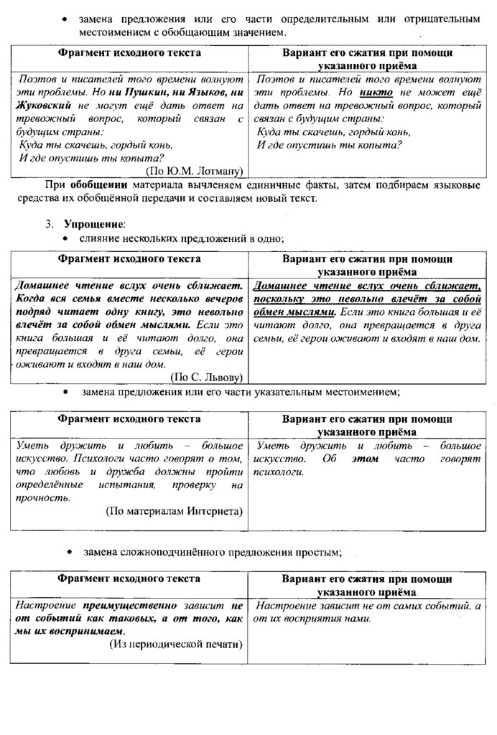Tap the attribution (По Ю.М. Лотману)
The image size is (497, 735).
pos(194,171)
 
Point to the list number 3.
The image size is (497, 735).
pos(50,223)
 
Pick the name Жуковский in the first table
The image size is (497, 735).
pos(42,106)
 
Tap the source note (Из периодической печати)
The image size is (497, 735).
pos(175,644)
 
